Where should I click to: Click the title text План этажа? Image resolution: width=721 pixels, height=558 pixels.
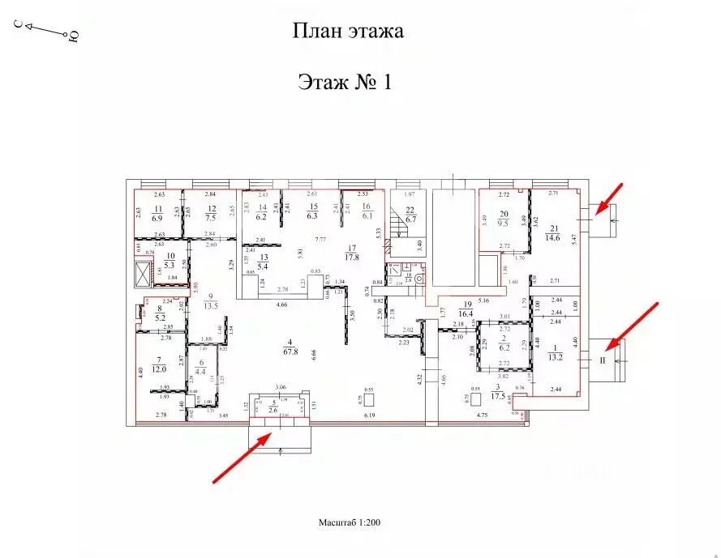pyautogui.click(x=347, y=32)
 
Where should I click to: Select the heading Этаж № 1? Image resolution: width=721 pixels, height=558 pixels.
pyautogui.click(x=345, y=83)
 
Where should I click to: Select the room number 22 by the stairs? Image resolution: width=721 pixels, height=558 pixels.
pyautogui.click(x=410, y=210)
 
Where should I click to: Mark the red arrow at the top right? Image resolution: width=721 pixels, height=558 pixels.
pyautogui.click(x=608, y=198)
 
